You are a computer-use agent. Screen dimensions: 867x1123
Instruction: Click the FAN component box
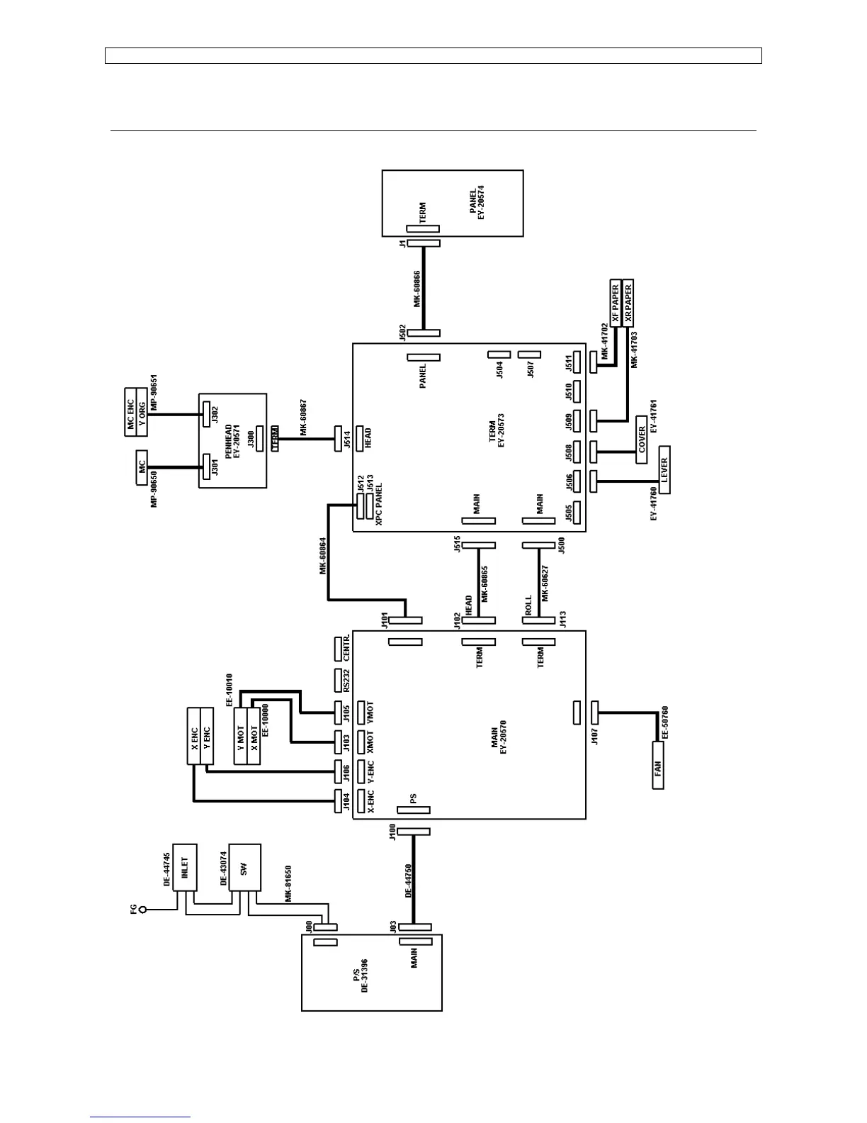coord(658,765)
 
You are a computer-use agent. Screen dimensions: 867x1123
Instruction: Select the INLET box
coord(185,866)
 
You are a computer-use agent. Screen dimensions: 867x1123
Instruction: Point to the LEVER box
coord(664,469)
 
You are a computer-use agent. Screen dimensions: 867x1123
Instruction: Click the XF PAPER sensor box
coord(616,303)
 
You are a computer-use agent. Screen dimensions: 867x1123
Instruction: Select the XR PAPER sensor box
coord(628,303)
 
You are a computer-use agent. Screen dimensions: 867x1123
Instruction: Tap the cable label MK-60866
coord(417,289)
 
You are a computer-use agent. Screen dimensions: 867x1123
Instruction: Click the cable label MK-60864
coord(323,556)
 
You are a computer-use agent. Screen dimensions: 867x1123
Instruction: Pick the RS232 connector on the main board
coord(341,680)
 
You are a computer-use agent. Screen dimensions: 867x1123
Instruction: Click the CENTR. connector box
coord(341,647)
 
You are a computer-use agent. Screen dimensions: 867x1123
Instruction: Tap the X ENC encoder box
coord(194,735)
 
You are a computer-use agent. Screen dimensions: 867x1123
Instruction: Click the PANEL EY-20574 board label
coord(478,203)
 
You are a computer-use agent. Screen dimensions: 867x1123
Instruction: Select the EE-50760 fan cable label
coord(666,722)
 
